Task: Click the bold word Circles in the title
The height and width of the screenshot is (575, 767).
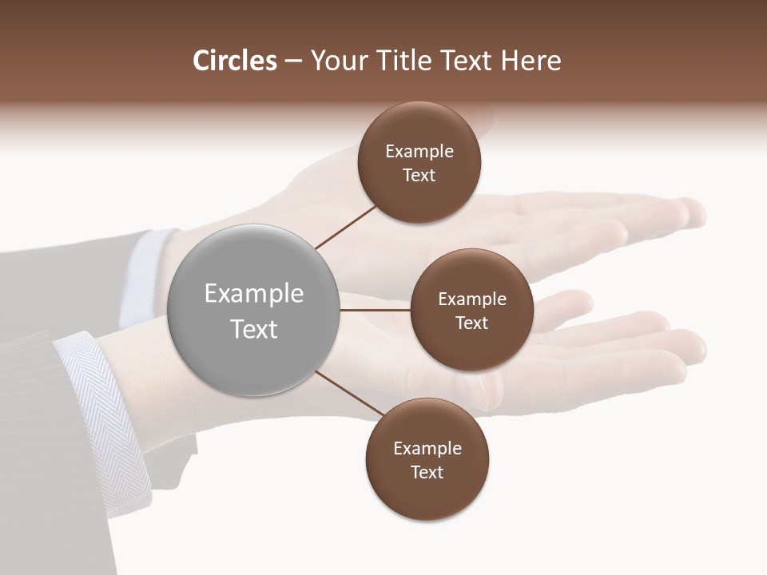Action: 234,61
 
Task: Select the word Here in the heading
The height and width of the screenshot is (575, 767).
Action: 531,61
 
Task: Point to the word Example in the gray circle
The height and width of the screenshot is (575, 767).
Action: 254,294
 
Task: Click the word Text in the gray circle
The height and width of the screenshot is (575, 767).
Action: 254,329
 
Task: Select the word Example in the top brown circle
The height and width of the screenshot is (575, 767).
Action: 419,152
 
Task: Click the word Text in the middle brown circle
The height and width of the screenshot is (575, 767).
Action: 471,323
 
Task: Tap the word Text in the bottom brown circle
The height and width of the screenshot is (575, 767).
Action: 427,472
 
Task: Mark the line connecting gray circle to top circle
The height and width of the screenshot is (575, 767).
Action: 345,226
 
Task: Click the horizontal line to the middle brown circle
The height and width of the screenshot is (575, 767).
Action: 376,310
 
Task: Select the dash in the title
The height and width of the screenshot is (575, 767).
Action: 293,61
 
